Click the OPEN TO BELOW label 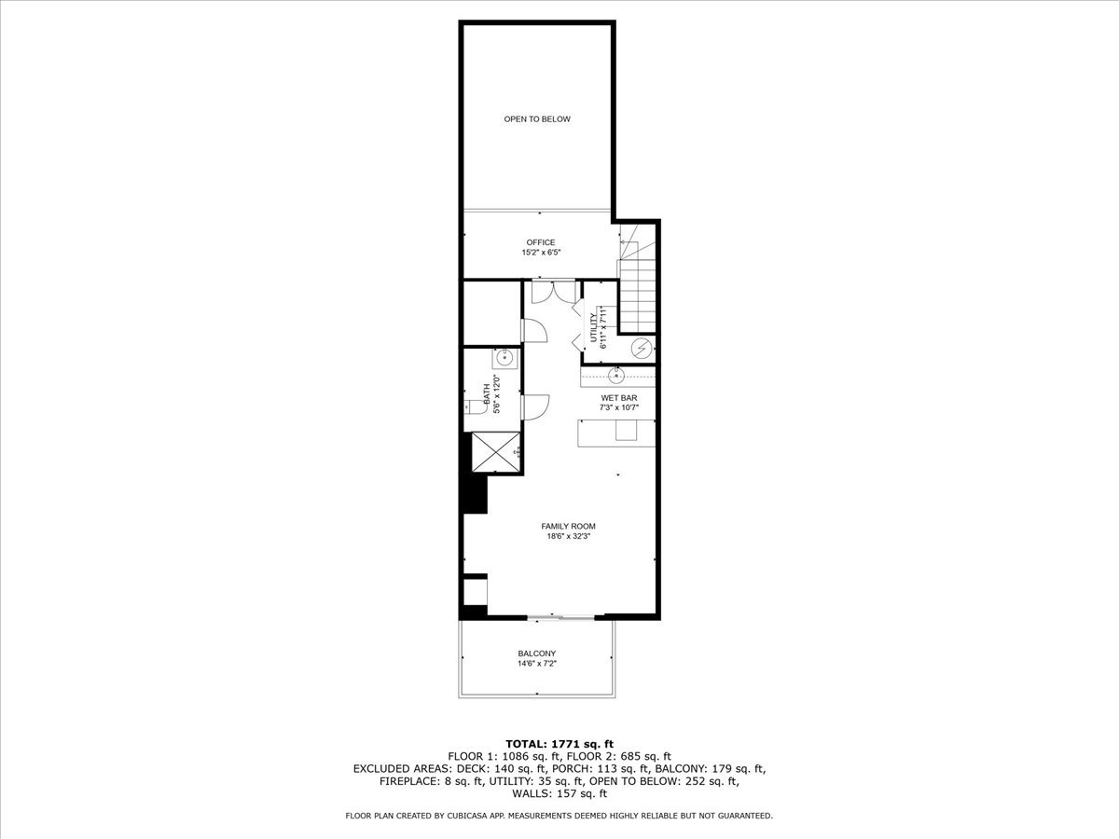tap(537, 119)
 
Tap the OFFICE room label tap(540, 242)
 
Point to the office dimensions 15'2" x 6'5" tap(540, 253)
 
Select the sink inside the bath tap(504, 356)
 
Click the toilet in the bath tap(473, 406)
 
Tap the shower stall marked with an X tap(494, 454)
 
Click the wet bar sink tap(616, 377)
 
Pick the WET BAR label tap(618, 398)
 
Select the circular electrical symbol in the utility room tap(641, 349)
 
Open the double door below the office tap(553, 291)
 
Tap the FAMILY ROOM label tap(568, 527)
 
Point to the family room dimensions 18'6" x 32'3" tap(568, 537)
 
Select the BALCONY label tap(537, 653)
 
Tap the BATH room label tap(485, 392)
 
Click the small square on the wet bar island tap(623, 432)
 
